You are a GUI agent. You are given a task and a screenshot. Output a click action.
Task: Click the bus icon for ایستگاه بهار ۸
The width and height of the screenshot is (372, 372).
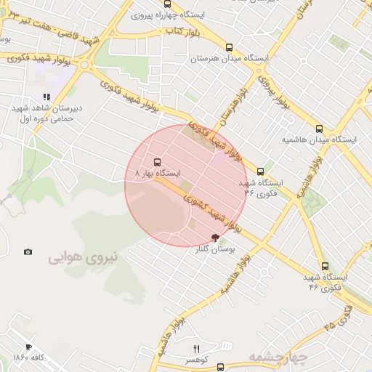click(158, 162)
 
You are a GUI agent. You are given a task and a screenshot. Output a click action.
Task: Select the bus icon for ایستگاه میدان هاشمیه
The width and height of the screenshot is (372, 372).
click(319, 129)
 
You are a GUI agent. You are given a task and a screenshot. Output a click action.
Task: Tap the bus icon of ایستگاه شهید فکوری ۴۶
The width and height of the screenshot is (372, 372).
click(325, 266)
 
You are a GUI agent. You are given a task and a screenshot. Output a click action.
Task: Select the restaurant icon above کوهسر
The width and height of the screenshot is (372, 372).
click(196, 349)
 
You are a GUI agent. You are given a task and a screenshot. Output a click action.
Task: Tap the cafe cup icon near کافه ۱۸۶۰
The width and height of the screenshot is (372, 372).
click(28, 347)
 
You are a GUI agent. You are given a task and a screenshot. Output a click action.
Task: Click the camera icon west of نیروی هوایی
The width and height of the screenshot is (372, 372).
click(28, 252)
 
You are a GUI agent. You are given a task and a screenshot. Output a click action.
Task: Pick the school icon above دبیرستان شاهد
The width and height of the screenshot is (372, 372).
click(46, 96)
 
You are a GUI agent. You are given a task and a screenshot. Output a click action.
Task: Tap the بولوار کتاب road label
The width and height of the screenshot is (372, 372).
click(184, 31)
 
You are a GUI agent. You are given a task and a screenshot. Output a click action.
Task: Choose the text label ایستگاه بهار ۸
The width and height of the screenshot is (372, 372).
click(158, 174)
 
